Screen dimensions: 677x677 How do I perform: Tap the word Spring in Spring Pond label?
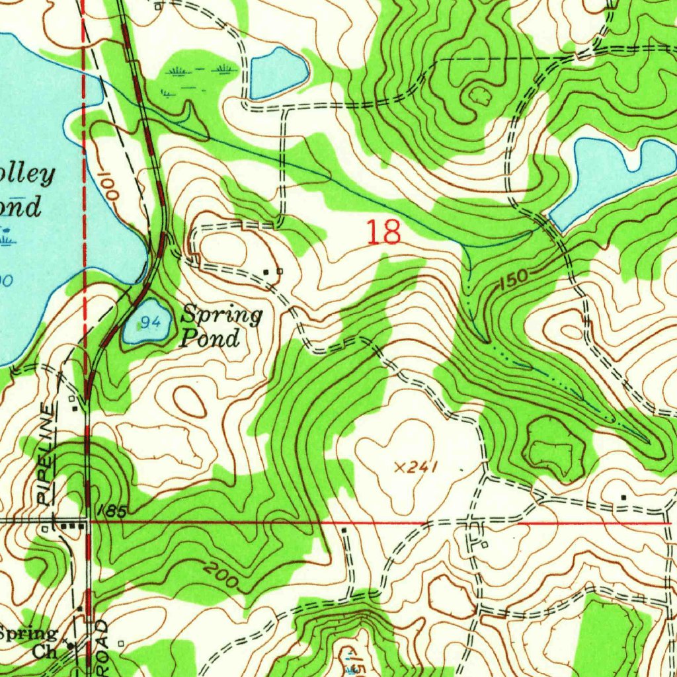tap(222, 315)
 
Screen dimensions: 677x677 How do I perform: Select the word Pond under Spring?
tap(210, 339)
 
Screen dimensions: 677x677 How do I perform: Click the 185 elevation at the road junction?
tap(110, 511)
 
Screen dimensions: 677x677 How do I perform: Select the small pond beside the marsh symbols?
tap(278, 71)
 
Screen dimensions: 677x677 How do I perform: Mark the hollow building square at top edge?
tap(157, 7)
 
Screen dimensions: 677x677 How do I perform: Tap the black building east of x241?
tap(623, 497)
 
